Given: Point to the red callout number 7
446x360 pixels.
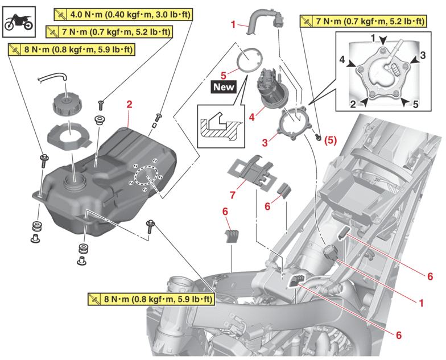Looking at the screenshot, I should click(232, 195).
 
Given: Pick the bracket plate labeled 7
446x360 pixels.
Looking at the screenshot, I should click(250, 170).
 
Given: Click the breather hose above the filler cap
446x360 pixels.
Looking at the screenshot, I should click(52, 77).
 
